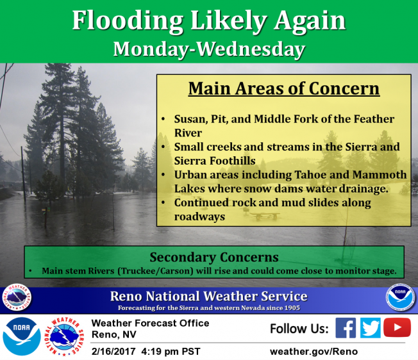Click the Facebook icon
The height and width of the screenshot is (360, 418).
[x=346, y=328]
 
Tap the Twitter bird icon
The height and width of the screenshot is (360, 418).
[x=371, y=328]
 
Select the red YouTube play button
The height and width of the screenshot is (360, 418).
[x=397, y=327]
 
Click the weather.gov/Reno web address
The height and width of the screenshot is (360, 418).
[x=313, y=352]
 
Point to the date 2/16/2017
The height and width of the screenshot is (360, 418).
[x=113, y=352]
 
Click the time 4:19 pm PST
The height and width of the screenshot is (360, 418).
[x=171, y=352]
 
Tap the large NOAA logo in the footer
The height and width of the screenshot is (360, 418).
[x=22, y=336]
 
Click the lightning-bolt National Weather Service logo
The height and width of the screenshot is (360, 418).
[x=64, y=336]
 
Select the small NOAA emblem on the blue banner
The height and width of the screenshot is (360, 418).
[x=400, y=297]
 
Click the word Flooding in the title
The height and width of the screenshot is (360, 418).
[x=128, y=20]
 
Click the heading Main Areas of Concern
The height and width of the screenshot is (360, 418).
[x=284, y=88]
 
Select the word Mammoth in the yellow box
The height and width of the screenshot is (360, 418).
[x=380, y=175]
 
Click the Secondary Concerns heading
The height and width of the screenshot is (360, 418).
[x=214, y=257]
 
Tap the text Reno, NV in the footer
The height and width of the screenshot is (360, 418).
[x=114, y=334]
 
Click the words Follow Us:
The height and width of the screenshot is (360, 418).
[x=299, y=329]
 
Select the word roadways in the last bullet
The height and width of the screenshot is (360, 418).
[x=199, y=217]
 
